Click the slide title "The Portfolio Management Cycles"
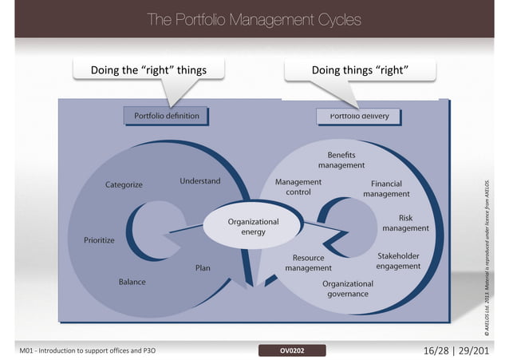(254, 19)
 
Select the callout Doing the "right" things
(148, 70)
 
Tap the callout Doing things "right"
(361, 70)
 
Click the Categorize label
(124, 185)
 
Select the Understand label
(200, 181)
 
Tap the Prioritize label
(100, 239)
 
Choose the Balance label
(132, 282)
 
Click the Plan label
(203, 268)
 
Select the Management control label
(298, 187)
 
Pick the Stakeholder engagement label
(398, 261)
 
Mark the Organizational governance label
(347, 288)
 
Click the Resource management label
(308, 263)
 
